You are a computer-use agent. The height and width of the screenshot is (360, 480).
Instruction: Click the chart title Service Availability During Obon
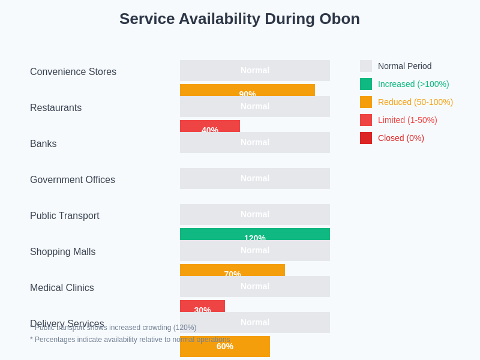point(239,19)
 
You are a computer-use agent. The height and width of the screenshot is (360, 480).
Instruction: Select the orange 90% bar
point(247,90)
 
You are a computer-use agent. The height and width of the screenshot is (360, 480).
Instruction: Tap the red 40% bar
point(210,126)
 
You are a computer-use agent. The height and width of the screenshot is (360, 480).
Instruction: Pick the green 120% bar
point(255,234)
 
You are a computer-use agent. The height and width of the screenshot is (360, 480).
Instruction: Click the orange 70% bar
point(232,270)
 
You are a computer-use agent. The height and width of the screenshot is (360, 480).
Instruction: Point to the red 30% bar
point(202,306)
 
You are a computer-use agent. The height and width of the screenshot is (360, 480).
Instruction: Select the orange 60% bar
point(225,346)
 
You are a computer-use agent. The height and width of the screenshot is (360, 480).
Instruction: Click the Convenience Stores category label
point(73,72)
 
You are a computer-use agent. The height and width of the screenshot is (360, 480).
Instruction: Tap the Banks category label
point(43,144)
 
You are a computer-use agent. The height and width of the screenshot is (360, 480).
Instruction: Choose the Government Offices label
point(73,180)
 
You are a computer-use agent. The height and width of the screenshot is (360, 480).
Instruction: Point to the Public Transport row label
point(65,216)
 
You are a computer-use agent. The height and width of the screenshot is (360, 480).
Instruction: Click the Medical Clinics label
point(62,288)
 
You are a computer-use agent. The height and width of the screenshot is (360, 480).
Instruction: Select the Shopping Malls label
point(62,252)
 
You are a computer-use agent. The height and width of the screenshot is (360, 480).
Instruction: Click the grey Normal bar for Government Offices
point(255,178)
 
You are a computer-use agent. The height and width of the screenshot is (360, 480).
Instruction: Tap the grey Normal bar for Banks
point(255,142)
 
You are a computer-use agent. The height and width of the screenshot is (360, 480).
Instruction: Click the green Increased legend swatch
point(366,84)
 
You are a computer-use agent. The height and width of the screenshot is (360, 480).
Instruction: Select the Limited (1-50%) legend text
point(407,120)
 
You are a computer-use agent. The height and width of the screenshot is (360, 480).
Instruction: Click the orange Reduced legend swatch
point(366,102)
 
